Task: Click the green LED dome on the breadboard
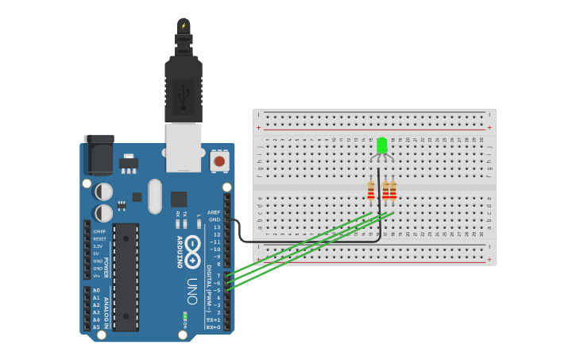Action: [x=381, y=145]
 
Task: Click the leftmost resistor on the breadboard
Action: [x=371, y=191]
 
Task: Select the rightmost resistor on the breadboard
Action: [x=393, y=191]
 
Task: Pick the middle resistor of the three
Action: [x=386, y=191]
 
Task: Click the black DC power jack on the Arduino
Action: [x=99, y=154]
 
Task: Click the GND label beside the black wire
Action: [x=214, y=220]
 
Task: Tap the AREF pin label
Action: [x=213, y=212]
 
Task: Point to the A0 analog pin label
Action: [x=96, y=290]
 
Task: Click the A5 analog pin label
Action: [x=96, y=327]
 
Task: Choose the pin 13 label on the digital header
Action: [x=216, y=227]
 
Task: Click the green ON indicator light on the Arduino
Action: [x=185, y=315]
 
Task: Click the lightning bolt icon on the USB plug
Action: [x=184, y=25]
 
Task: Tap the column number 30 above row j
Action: [x=481, y=140]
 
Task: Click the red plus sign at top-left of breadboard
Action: [x=258, y=127]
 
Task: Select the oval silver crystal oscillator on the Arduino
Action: [x=154, y=195]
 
